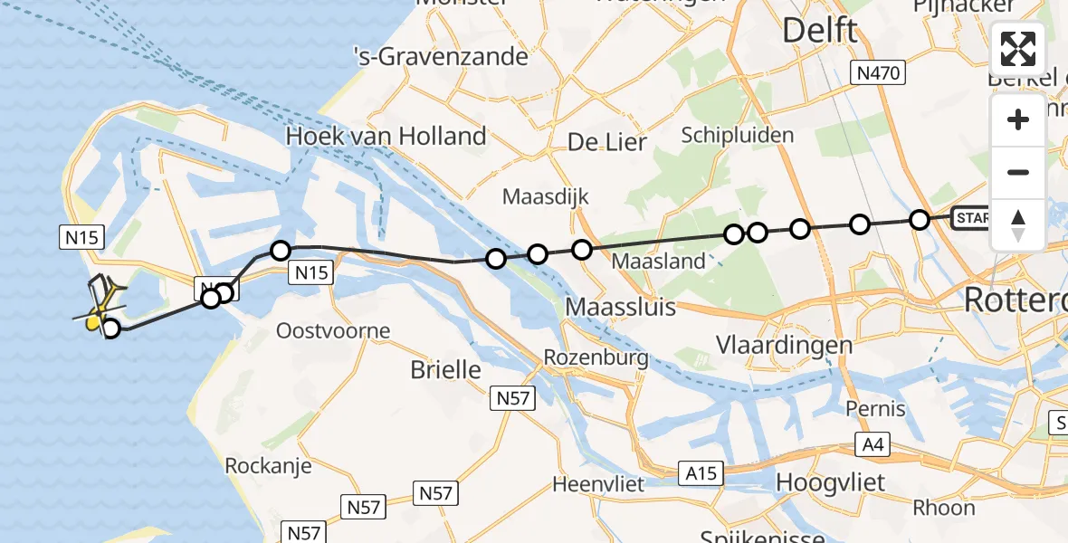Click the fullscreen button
1018,49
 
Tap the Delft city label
819,30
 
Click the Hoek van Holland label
386,137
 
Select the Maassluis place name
621,307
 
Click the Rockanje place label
268,466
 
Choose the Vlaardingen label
784,345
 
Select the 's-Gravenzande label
441,57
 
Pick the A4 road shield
875,444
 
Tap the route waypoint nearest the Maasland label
582,250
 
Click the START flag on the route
972,218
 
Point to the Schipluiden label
738,136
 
